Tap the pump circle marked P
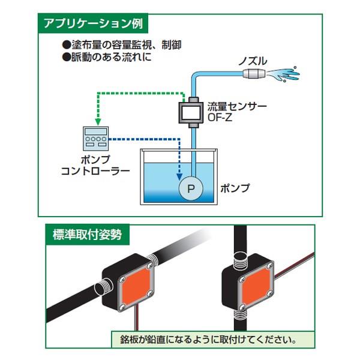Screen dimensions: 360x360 (x=191, y=188)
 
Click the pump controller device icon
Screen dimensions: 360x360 (x=95, y=139)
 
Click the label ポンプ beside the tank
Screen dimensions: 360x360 (x=235, y=188)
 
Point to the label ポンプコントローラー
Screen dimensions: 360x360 (x=95, y=166)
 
